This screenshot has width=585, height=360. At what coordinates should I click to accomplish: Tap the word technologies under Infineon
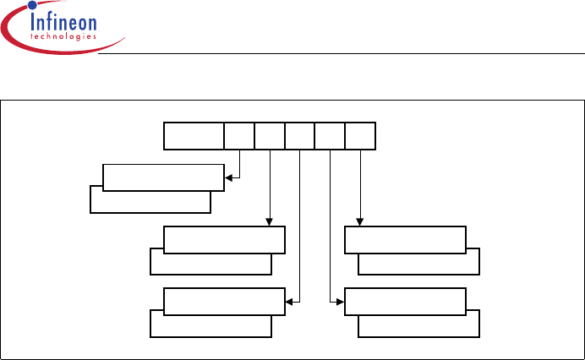coord(63,36)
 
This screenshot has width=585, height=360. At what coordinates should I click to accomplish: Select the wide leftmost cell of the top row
coord(194,136)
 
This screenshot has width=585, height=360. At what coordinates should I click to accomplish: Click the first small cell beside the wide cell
coord(239,136)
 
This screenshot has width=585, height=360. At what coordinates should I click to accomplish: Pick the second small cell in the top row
coord(270,136)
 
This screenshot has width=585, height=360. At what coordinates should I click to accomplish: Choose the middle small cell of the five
coord(300,136)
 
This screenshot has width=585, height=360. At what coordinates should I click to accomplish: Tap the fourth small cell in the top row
coord(330,136)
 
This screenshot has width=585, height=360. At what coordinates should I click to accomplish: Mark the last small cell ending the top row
coord(360,136)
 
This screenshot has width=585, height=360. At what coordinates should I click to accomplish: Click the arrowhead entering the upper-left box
coord(228,177)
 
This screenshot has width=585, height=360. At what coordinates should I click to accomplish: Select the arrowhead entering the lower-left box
coord(290,301)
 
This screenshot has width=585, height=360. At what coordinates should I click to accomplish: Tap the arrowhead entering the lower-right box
coord(341,301)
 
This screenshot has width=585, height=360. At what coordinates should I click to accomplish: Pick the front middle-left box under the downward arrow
coord(224,240)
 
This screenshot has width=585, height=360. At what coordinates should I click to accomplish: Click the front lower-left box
coord(224,301)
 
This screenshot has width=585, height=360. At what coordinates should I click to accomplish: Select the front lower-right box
coord(406,301)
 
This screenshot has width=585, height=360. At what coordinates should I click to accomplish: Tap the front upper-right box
coord(406,240)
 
